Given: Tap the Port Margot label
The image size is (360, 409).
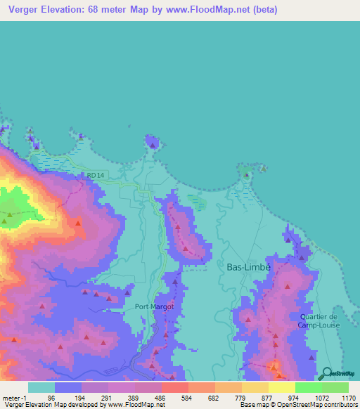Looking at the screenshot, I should coord(154,306).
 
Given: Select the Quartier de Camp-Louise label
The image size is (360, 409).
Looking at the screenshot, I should coord(319,320).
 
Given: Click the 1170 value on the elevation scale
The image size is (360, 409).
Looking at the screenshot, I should coord(349,397).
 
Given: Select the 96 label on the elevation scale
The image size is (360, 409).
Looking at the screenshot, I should coord(51,397).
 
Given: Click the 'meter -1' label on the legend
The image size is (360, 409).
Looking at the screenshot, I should coord(14,397).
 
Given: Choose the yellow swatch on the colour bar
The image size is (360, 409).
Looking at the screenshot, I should coord(282,387).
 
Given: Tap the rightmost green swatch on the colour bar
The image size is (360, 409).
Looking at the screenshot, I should coord(335,387).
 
